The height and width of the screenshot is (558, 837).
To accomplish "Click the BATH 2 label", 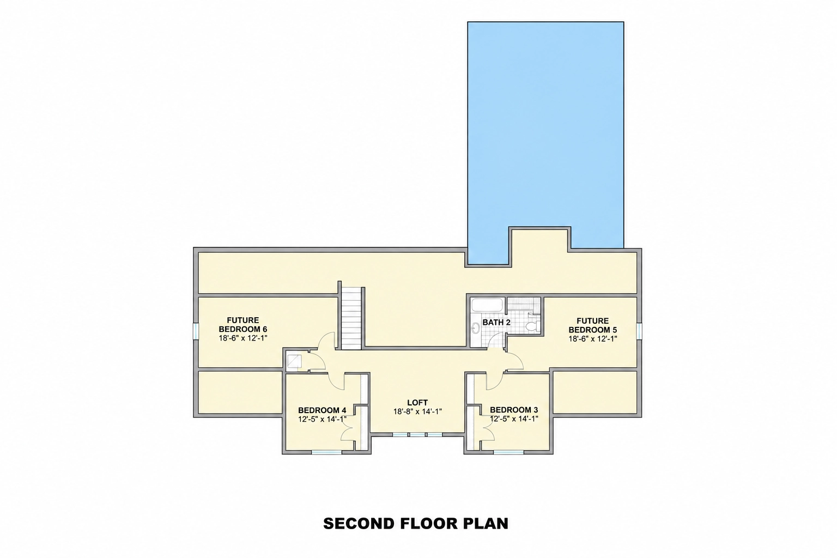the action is tap(496, 322).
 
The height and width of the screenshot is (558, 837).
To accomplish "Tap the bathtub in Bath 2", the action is tap(488, 305).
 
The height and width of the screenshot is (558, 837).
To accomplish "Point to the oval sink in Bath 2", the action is tap(476, 328).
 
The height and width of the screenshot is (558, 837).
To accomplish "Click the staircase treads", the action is tap(351, 318).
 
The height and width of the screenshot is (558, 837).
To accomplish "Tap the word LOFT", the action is tap(417, 403).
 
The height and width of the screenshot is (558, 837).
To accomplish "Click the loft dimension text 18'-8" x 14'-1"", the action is tap(417, 411).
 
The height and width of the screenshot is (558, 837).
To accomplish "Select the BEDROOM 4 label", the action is tap(322, 410).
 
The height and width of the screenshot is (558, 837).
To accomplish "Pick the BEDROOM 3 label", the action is tap(514, 410).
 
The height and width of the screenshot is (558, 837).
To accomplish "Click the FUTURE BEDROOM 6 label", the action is tap(243, 325).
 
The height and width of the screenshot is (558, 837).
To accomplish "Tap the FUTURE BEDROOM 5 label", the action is tap(593, 325).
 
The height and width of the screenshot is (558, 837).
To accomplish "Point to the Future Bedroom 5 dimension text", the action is tap(593, 338).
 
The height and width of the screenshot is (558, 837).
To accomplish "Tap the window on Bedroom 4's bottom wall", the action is tap(326, 452).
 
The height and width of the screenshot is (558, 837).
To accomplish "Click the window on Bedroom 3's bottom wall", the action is tap(508, 452).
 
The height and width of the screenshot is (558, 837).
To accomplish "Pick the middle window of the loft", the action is tap(417, 435).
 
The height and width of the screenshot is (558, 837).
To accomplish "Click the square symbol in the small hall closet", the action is tap(294, 361).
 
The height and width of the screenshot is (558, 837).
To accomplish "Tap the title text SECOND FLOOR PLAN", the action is tap(416, 524).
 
